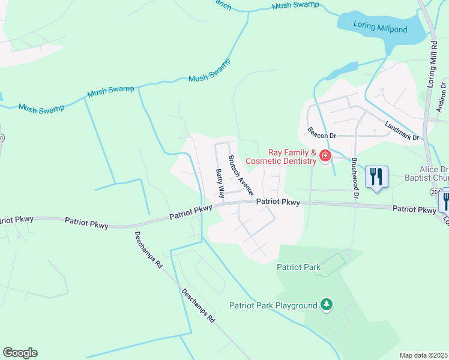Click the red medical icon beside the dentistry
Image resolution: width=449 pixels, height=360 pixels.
(325, 156)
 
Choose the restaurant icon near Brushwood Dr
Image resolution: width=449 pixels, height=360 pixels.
(376, 176)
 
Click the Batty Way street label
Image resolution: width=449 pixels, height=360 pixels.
(220, 184)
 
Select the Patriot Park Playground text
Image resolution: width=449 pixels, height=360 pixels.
(273, 305)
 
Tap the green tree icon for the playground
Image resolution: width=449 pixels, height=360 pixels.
(326, 305)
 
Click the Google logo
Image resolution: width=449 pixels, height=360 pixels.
(20, 353)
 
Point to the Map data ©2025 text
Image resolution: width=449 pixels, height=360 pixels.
(423, 355)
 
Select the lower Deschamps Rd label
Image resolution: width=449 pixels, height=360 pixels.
(198, 307)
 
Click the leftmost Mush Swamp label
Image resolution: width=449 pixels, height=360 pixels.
(41, 109)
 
